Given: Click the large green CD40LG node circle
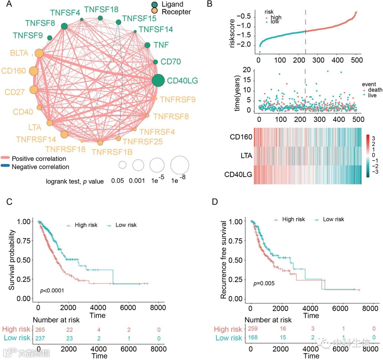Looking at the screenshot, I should pos(158,81).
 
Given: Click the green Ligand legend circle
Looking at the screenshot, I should pos(155,5).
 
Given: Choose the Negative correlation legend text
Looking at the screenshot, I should pos(40,166).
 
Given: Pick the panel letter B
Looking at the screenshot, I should pos(210,5).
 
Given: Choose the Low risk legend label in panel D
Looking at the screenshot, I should pos(333,220).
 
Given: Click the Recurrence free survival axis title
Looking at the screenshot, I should pos(224,259).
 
